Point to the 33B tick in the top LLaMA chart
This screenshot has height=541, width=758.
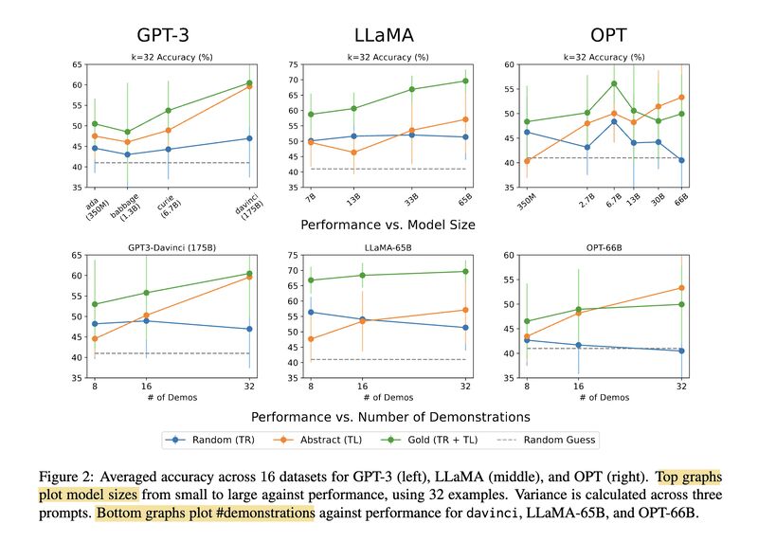point(411,202)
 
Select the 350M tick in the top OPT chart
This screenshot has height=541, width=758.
point(528,202)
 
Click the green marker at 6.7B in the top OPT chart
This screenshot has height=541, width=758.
point(614,83)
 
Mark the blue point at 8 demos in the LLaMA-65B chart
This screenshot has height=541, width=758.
point(310,312)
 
